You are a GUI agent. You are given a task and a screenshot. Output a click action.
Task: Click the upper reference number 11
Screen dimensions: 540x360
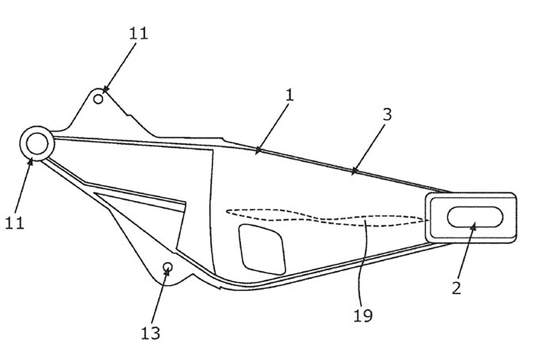coord(139,33)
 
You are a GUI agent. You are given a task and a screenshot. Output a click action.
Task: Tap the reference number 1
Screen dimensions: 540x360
coord(289,94)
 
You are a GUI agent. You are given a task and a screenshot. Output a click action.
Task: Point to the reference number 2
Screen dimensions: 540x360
coord(456,288)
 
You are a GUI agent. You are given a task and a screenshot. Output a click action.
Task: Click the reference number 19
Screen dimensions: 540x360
coord(363,315)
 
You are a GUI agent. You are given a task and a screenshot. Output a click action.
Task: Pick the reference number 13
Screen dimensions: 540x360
coord(150,333)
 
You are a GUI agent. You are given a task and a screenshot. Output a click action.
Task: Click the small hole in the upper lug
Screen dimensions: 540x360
coord(98,99)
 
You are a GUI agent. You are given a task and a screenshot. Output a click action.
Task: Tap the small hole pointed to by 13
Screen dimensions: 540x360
coord(167,267)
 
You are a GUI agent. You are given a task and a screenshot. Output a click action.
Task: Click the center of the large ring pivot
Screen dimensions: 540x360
coord(37,143)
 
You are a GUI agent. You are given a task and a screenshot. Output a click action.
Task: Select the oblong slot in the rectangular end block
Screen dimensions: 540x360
coord(475,217)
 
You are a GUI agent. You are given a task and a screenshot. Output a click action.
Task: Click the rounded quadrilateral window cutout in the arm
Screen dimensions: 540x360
coord(262,249)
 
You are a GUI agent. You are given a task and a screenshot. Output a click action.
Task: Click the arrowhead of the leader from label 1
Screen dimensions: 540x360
coord(258,150)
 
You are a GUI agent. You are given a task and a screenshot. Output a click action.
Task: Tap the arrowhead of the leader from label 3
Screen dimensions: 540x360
coord(354,171)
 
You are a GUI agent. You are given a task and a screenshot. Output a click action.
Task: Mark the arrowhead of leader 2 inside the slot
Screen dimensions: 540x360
coord(474,226)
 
